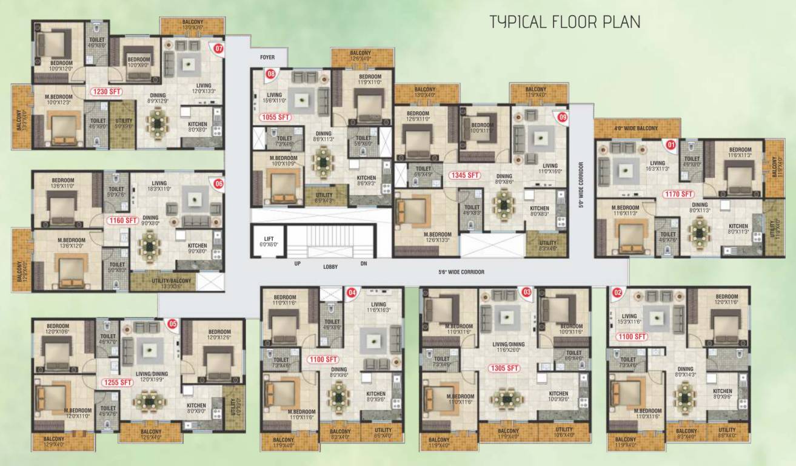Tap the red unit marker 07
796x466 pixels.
(x=218, y=49)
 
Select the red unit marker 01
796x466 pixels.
(x=670, y=145)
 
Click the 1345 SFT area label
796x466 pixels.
(x=464, y=175)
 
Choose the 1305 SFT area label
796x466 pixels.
(x=504, y=368)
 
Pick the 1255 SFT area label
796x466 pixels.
(x=118, y=382)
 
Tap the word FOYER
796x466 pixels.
(x=267, y=58)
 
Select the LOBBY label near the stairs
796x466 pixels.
(x=330, y=266)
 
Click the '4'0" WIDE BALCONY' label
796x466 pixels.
(x=635, y=129)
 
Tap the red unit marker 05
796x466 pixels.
(x=173, y=324)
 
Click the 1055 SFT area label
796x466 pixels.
(x=276, y=117)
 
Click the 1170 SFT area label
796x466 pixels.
(x=678, y=194)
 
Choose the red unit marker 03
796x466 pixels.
(x=526, y=292)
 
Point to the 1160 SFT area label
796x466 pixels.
(x=122, y=221)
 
